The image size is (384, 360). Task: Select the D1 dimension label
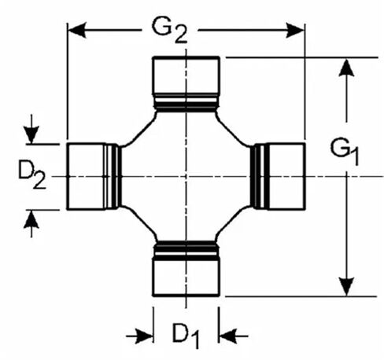click(186, 336)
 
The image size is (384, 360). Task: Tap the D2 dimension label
click(32, 174)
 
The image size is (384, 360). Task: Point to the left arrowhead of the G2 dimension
click(77, 30)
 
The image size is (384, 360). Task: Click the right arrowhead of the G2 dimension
click(295, 30)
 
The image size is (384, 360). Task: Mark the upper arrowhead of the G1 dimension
click(346, 68)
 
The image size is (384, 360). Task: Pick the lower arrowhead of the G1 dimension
click(346, 287)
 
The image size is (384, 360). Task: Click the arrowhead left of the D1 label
click(144, 336)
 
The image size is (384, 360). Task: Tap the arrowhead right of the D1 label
click(228, 336)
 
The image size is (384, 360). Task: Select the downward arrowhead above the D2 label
click(31, 135)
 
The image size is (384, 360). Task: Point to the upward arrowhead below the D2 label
click(31, 219)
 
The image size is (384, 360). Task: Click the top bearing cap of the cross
click(186, 75)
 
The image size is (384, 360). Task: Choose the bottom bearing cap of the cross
click(186, 277)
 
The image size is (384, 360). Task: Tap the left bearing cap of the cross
click(86, 176)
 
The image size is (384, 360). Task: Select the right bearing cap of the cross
click(286, 176)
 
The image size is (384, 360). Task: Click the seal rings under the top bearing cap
click(186, 103)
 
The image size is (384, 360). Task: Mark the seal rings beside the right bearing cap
click(260, 176)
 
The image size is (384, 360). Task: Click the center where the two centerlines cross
click(186, 176)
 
